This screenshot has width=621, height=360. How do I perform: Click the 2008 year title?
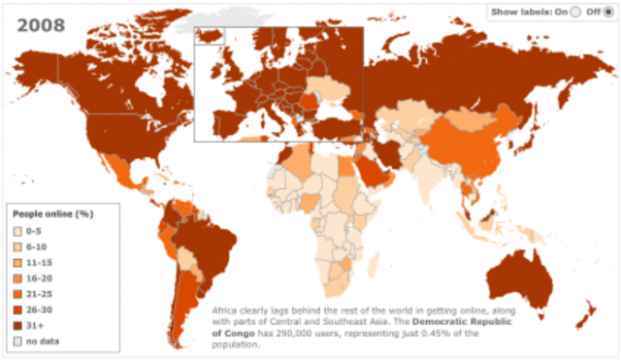coord(40,22)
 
